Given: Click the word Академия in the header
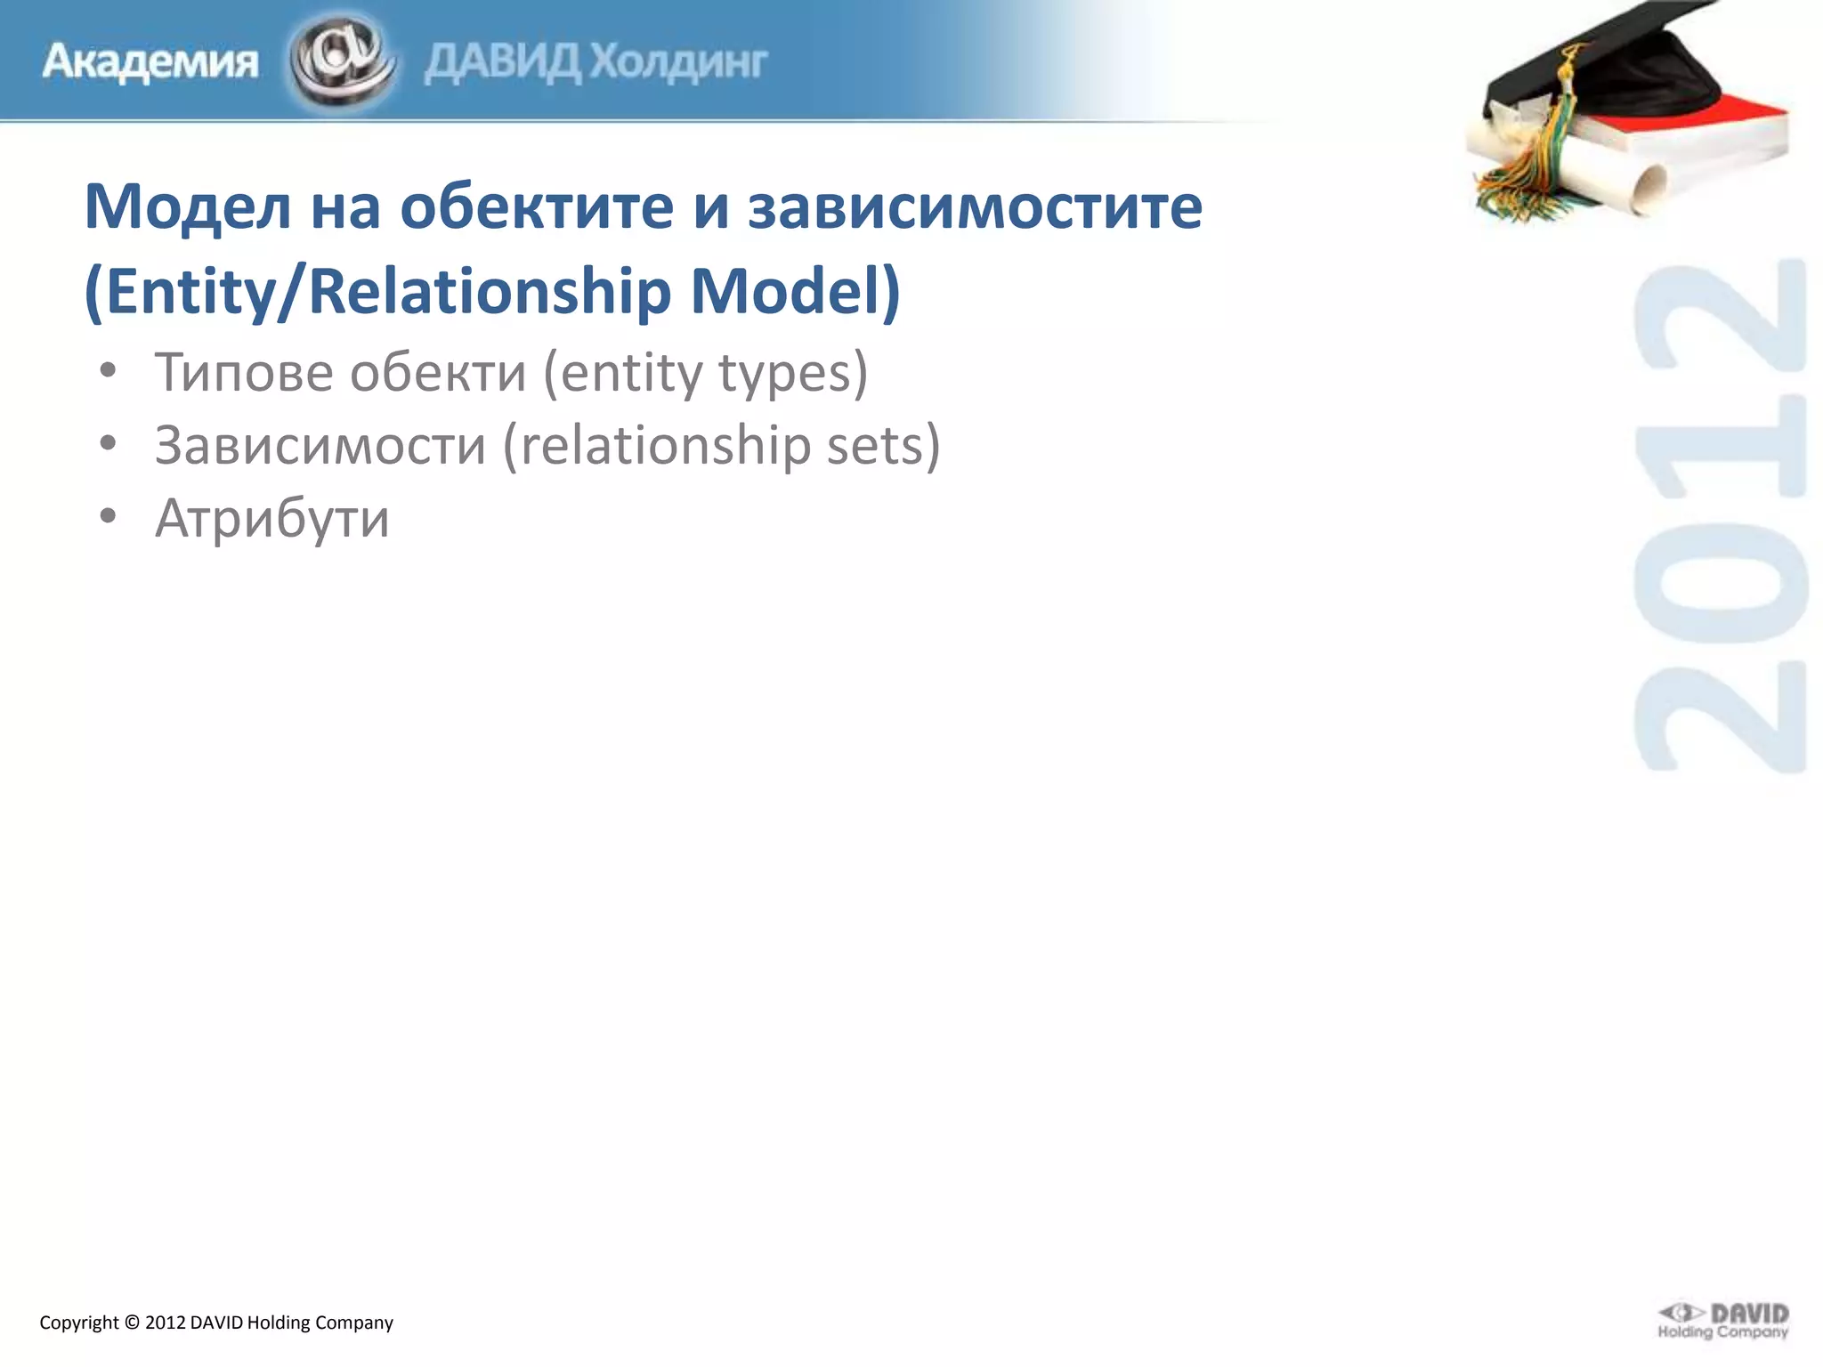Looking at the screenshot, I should tap(150, 62).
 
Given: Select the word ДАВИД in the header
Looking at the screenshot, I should tap(503, 62).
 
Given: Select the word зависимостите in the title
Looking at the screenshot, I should tap(975, 206).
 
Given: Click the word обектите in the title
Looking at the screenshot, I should tap(537, 206).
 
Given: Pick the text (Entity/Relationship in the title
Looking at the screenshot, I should tap(377, 292).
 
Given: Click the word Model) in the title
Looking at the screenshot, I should tap(795, 292).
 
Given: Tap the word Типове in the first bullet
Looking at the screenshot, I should tap(243, 372).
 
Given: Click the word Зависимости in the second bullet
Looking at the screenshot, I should tap(320, 445).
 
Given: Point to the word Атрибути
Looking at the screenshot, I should tap(271, 518).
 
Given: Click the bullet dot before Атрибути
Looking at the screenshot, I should tap(108, 517).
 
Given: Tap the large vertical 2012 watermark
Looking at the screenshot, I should tap(1720, 516).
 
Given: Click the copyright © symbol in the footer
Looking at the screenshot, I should tap(132, 1323).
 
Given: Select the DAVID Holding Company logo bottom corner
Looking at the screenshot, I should tap(1722, 1321).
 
